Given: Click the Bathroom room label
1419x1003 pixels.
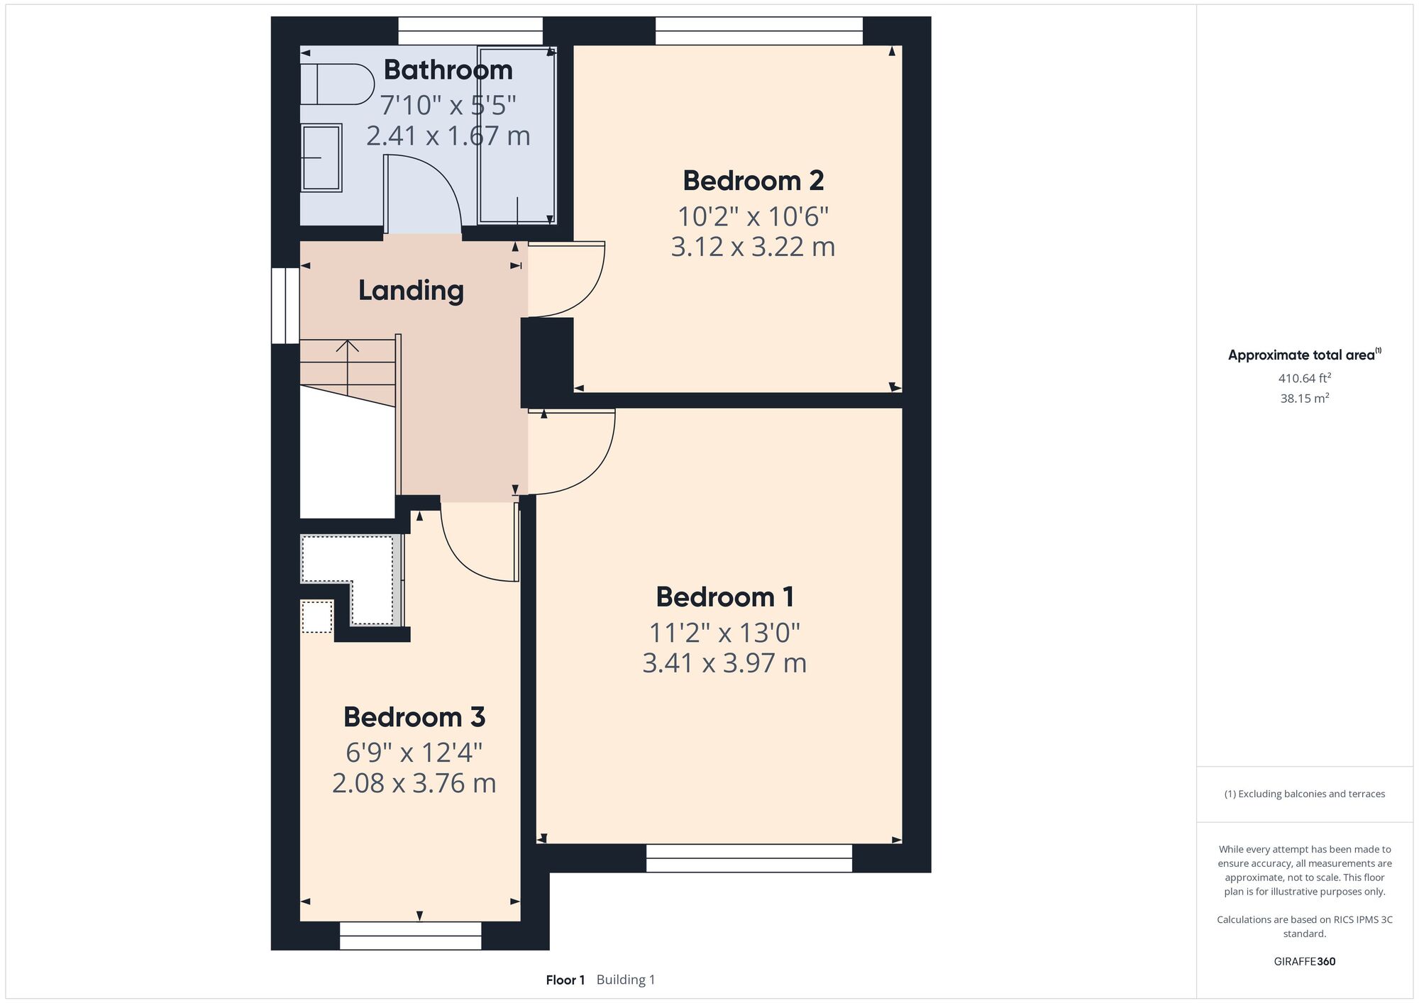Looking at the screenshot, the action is pyautogui.click(x=448, y=70).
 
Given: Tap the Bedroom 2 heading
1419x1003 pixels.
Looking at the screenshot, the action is pyautogui.click(x=753, y=181).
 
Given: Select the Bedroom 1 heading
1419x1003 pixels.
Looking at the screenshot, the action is pyautogui.click(x=724, y=597).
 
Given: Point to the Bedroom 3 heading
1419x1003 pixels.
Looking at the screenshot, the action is pyautogui.click(x=414, y=717).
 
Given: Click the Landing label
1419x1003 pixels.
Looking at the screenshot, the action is pyautogui.click(x=411, y=291).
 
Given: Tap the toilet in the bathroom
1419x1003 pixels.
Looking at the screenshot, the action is pyautogui.click(x=337, y=84).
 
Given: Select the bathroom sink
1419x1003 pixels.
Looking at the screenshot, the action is pyautogui.click(x=321, y=157).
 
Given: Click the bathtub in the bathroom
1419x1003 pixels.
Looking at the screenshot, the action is pyautogui.click(x=517, y=135).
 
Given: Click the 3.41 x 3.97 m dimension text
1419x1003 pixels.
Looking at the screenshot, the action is pyautogui.click(x=724, y=663).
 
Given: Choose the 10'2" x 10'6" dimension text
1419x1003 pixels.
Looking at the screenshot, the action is pyautogui.click(x=753, y=216).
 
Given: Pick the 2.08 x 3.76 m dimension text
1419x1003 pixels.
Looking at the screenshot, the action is pyautogui.click(x=414, y=783).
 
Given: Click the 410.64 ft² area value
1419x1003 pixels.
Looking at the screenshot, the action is pyautogui.click(x=1305, y=378).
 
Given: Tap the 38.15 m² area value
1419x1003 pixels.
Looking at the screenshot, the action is pyautogui.click(x=1305, y=398).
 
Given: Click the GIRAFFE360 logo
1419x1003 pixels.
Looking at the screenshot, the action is pyautogui.click(x=1305, y=962).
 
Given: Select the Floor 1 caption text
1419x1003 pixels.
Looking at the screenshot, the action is pyautogui.click(x=565, y=980).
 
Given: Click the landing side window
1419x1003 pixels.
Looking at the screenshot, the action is pyautogui.click(x=285, y=306).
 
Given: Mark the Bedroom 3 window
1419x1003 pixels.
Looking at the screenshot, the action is pyautogui.click(x=411, y=936).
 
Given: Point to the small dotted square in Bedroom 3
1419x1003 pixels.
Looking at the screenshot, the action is pyautogui.click(x=317, y=616).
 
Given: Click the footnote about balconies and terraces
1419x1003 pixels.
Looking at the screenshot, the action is pyautogui.click(x=1305, y=794).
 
